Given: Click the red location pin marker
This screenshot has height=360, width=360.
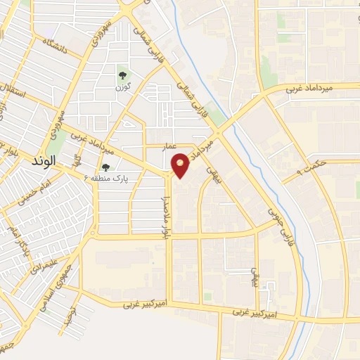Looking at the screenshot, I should coord(181,165).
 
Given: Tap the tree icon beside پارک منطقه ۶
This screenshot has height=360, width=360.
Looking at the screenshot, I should coord(105,167).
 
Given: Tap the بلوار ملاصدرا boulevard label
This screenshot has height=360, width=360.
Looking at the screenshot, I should coord(170,205).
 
